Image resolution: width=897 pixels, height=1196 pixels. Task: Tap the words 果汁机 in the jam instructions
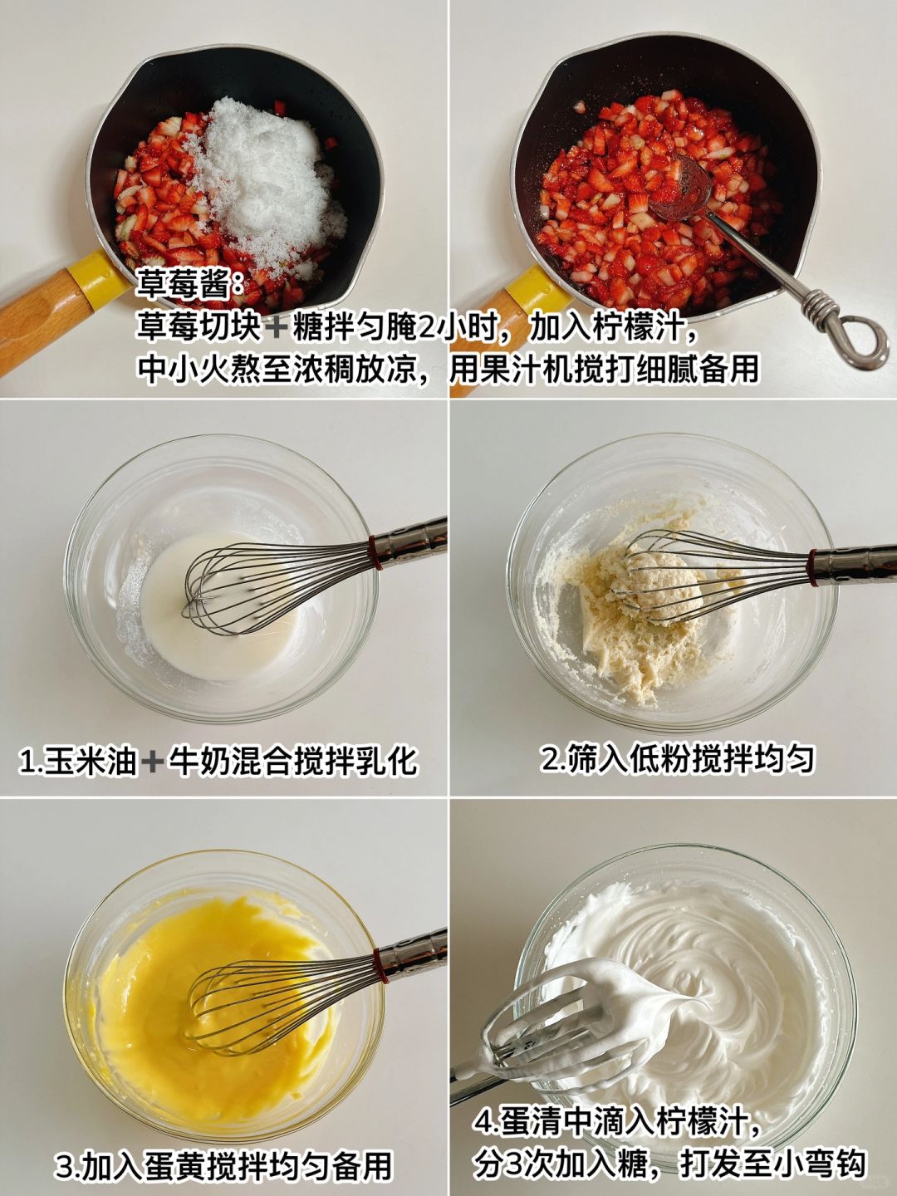527,370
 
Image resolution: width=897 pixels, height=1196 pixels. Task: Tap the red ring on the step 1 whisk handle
373,550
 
